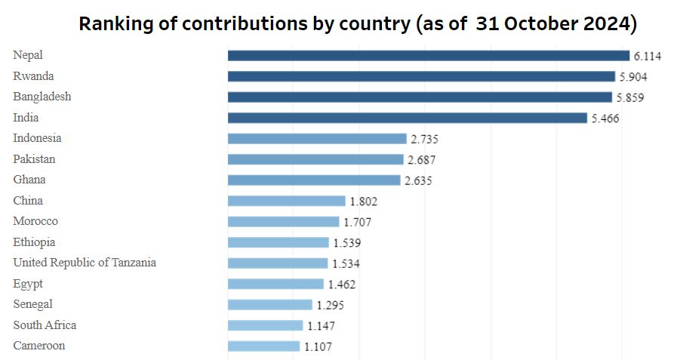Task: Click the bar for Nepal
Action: pos(428,56)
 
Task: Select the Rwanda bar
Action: pos(421,76)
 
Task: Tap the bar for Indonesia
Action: pos(317,139)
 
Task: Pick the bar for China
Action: pos(286,201)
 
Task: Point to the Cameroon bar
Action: pos(263,346)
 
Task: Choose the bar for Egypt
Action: pos(275,284)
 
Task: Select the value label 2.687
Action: pos(422,160)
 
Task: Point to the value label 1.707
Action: pos(358,222)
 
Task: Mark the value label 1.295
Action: pos(331,305)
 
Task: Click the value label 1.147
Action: pos(321,326)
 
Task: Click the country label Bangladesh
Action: pos(42,97)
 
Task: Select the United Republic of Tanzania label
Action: pos(85,263)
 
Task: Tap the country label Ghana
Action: pos(29,180)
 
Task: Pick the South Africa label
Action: pos(45,325)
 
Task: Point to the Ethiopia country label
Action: pos(34,242)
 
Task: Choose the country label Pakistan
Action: pos(34,159)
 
